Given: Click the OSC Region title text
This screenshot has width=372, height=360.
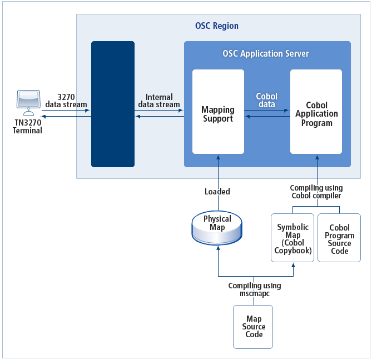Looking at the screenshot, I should (217, 26).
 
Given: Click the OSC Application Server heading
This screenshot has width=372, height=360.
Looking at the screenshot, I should (266, 54).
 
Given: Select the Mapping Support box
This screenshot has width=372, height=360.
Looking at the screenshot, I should (218, 112).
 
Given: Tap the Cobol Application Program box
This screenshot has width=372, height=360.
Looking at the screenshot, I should (316, 112).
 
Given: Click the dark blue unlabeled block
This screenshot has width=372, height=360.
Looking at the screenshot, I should (113, 104).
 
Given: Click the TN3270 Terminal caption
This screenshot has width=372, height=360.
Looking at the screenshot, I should (27, 127).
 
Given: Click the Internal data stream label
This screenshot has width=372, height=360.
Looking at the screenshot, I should (158, 101).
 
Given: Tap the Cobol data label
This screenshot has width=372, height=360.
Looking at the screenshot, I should (267, 100).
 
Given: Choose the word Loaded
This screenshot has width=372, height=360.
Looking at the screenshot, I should (217, 192).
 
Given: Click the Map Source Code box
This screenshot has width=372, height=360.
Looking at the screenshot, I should (254, 327).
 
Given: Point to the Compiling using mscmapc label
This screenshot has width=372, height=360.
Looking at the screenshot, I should (255, 289).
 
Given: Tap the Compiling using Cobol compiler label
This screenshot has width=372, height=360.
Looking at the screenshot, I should (316, 192).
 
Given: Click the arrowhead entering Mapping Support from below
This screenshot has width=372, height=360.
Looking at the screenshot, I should (218, 157).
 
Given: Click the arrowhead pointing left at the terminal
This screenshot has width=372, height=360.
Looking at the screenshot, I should (44, 116).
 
